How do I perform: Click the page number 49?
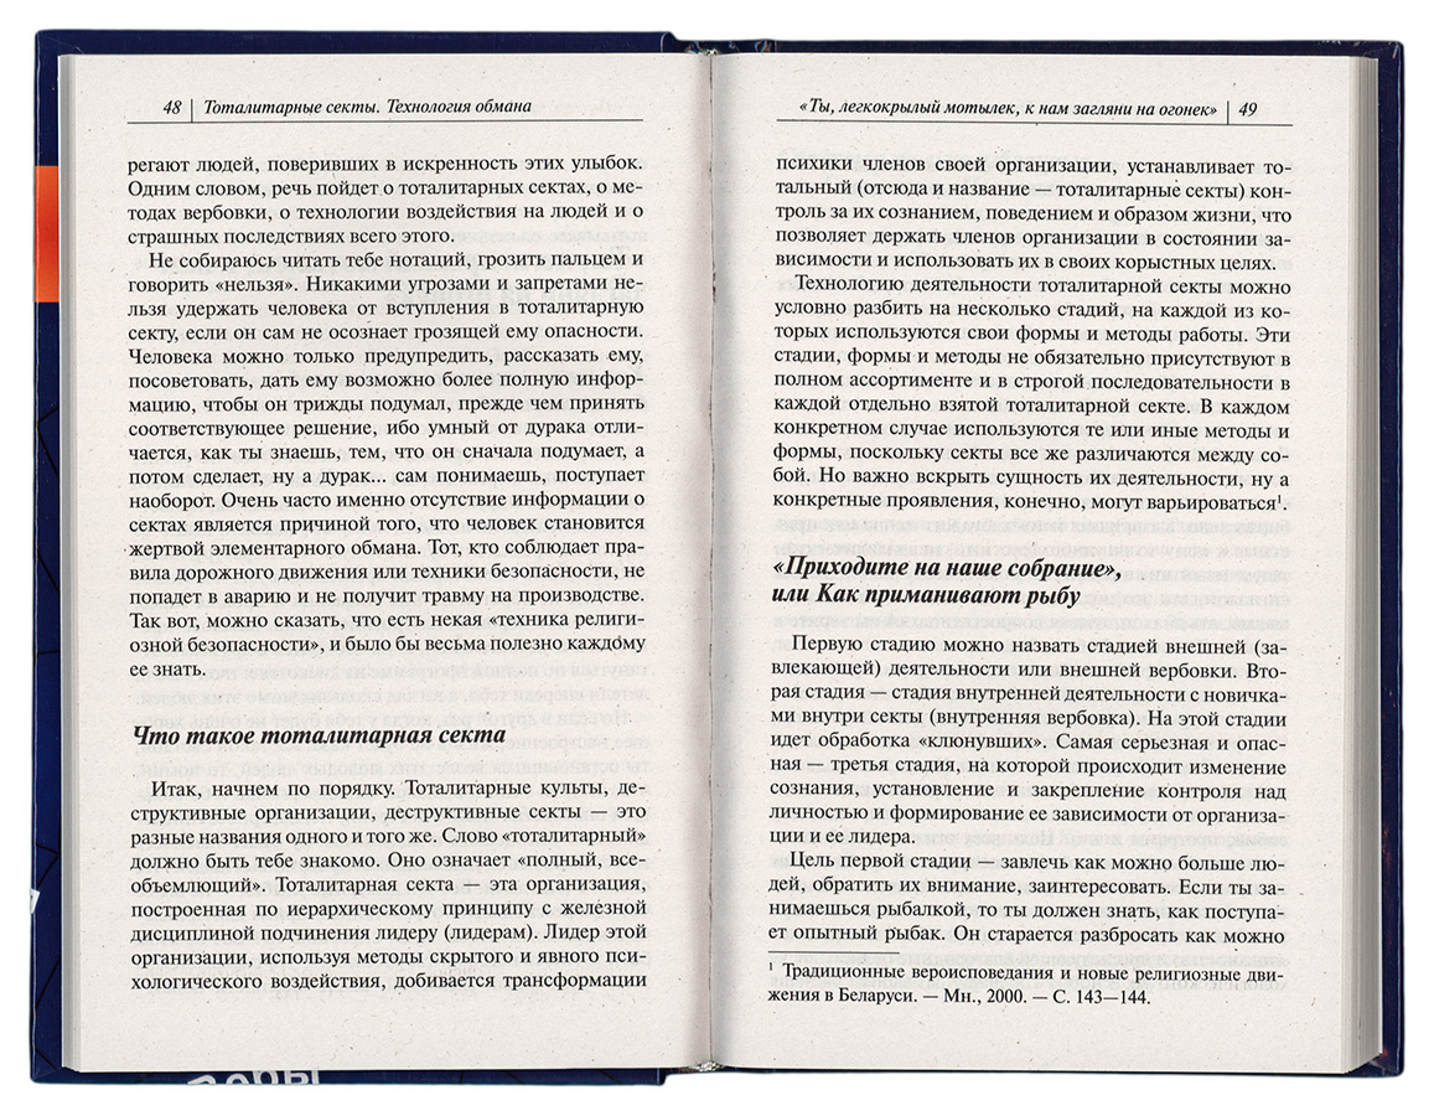coord(1248,110)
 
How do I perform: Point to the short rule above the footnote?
coord(833,952)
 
